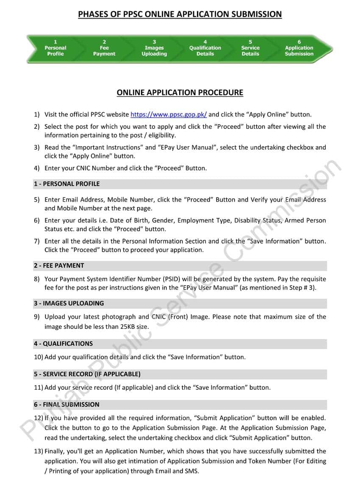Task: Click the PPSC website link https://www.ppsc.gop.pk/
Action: click(x=169, y=114)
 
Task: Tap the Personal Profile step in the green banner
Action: click(x=55, y=48)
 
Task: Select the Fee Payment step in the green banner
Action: click(x=104, y=48)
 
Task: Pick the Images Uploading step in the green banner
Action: click(x=154, y=48)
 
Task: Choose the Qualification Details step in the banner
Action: click(x=205, y=48)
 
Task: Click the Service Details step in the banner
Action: click(x=250, y=48)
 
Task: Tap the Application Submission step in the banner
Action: click(x=299, y=48)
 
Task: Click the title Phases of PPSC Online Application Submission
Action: click(x=180, y=14)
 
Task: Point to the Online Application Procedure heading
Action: click(x=180, y=92)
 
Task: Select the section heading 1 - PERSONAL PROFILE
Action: click(x=67, y=184)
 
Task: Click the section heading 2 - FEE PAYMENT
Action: click(x=59, y=266)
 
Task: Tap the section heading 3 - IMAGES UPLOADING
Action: click(x=69, y=303)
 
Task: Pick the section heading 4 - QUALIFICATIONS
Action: click(x=63, y=344)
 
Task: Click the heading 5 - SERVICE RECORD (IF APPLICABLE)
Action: click(x=87, y=374)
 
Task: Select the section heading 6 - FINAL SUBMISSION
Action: click(x=66, y=405)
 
